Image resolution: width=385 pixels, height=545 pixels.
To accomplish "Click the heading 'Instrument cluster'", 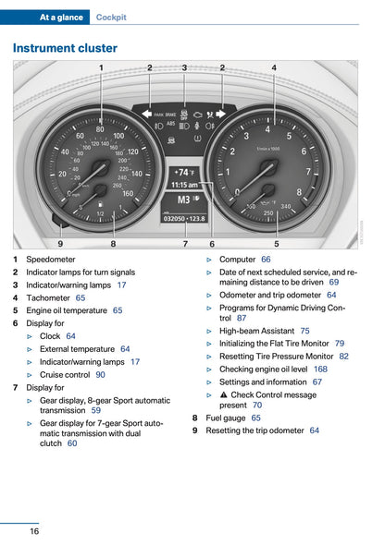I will pyautogui.click(x=65, y=48).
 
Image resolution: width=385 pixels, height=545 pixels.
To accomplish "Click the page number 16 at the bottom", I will pyautogui.click(x=33, y=530).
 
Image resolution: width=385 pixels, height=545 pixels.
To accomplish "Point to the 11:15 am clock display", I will pyautogui.click(x=185, y=185).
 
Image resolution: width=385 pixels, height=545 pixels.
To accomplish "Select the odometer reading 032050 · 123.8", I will pyautogui.click(x=184, y=218).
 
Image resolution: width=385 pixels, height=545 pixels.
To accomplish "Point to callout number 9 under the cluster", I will pyautogui.click(x=60, y=243).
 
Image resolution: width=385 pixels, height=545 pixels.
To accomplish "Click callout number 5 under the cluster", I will pyautogui.click(x=276, y=243).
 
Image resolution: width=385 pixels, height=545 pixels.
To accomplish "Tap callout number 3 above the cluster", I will pyautogui.click(x=184, y=67).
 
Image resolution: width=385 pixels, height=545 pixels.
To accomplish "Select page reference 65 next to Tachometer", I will pyautogui.click(x=81, y=297).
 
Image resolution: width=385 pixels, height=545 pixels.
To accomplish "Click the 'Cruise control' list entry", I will pyautogui.click(x=65, y=375).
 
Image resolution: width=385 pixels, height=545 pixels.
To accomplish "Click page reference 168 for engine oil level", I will pyautogui.click(x=320, y=369).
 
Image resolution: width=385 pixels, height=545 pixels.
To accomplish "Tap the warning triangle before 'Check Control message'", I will pyautogui.click(x=223, y=394).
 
